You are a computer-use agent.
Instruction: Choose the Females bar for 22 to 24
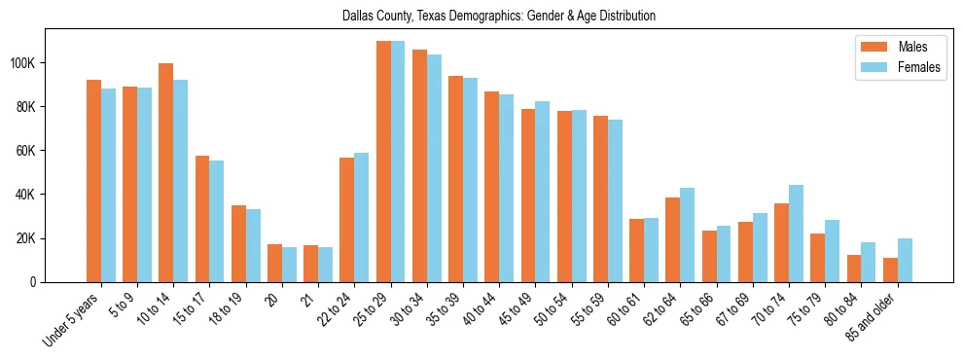[x=361, y=218]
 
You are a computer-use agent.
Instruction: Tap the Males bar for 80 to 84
[x=854, y=269]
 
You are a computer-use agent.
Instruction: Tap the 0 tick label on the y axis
[x=34, y=282]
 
